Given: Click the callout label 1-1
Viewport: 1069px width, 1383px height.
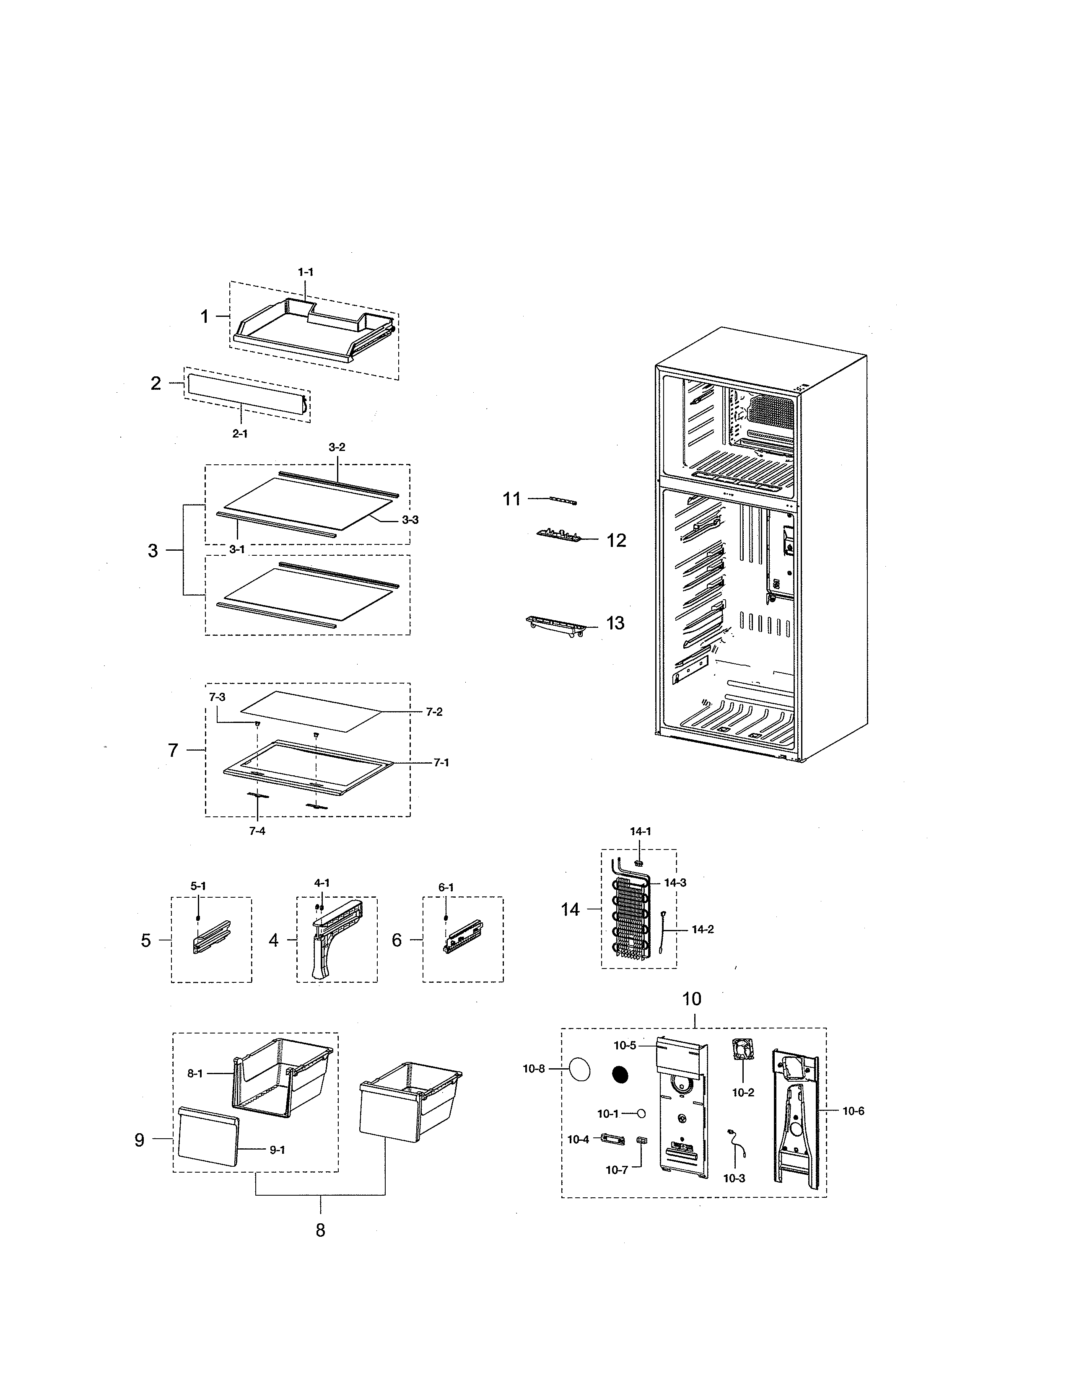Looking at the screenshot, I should (305, 272).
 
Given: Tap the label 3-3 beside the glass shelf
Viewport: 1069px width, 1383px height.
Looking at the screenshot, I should (410, 520).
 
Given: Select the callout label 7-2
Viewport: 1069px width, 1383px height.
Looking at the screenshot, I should (434, 712).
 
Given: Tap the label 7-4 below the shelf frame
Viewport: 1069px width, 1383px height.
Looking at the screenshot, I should (257, 831).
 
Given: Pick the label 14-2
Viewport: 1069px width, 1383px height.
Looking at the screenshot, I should (702, 930).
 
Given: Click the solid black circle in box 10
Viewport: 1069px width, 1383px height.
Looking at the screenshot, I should (620, 1075).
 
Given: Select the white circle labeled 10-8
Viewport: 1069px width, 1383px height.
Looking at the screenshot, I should (579, 1070).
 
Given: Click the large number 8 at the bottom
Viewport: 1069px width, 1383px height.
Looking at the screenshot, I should (320, 1230).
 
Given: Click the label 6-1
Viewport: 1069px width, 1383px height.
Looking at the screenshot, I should (446, 888).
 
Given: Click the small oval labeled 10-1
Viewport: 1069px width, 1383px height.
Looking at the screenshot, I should (641, 1113).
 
